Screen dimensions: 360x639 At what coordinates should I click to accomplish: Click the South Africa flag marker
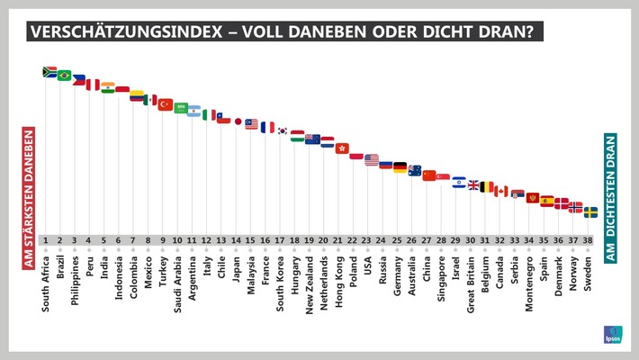49,71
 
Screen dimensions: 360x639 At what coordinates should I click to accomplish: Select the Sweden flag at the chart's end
590,212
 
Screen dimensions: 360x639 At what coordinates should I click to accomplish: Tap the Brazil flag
64,76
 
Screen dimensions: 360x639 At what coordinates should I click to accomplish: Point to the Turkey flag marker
166,104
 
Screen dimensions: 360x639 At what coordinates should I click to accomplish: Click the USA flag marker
372,159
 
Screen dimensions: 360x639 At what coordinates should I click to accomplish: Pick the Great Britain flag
473,184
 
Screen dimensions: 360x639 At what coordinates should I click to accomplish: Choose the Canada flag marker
502,191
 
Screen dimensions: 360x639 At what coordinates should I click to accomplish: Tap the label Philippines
76,280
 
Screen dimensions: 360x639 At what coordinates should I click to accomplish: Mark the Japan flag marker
238,121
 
